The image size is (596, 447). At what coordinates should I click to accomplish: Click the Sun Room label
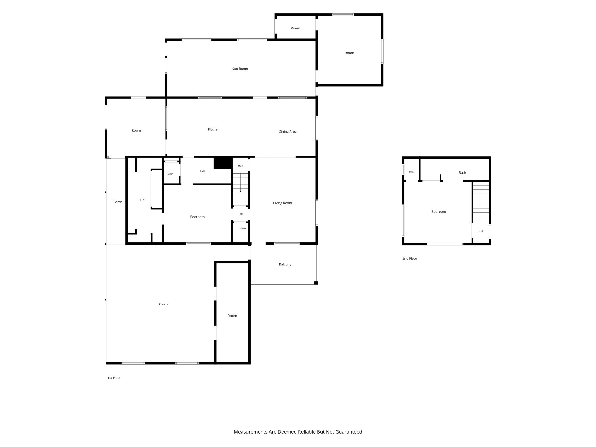[x=240, y=69]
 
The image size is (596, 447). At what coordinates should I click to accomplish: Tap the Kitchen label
[x=214, y=129]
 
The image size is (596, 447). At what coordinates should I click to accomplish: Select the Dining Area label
[x=287, y=132]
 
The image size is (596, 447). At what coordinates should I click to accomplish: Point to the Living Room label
[x=282, y=203]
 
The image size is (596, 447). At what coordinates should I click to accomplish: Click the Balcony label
[x=285, y=264]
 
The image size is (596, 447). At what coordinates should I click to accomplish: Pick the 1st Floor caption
[x=114, y=378]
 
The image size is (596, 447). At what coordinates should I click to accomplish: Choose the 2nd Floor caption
[x=410, y=258]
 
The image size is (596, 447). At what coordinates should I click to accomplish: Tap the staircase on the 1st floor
[x=241, y=183]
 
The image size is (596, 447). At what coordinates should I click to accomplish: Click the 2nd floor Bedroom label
[x=439, y=212]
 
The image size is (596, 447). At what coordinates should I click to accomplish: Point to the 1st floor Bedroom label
[x=197, y=217]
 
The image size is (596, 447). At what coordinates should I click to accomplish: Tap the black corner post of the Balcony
[x=316, y=283]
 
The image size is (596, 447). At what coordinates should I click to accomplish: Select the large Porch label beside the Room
[x=163, y=304]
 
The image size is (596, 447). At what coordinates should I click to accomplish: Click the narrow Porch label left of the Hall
[x=118, y=202]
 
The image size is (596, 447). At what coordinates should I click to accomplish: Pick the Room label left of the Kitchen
[x=136, y=130]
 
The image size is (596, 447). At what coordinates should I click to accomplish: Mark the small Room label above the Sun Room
[x=296, y=28]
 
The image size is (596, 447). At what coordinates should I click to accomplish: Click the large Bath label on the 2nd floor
[x=462, y=173]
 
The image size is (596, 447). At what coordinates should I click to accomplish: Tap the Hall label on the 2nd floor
[x=481, y=231]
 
